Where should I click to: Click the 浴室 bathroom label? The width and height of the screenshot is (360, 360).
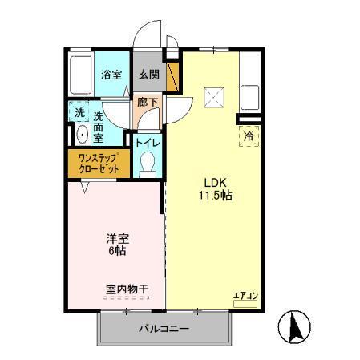point(111,75)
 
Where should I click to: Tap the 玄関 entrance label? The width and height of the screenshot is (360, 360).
point(148,74)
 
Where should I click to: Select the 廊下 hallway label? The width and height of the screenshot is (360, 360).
point(148,103)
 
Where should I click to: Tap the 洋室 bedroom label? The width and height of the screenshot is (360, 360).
point(118,237)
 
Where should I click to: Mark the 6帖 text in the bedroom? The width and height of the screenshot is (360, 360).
point(118,251)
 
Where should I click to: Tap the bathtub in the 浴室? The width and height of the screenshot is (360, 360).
point(80,74)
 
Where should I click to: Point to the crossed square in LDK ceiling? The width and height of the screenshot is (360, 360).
point(215,97)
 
